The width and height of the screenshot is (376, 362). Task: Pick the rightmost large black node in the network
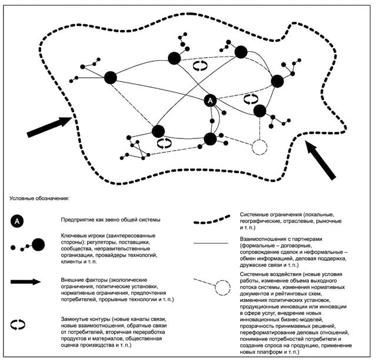(278, 81)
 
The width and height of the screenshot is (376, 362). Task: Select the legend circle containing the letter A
(18, 221)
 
